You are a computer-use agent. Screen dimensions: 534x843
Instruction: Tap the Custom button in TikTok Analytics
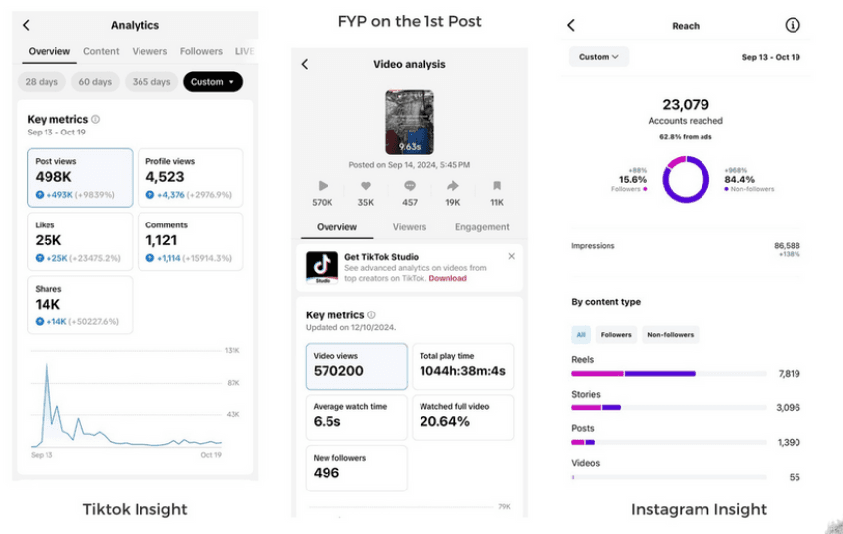[x=213, y=82]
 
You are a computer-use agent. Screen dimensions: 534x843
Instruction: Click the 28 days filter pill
[x=42, y=82]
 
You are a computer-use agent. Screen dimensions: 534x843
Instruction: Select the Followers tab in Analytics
[x=201, y=51]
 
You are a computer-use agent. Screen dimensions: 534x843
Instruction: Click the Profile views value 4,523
[x=165, y=177]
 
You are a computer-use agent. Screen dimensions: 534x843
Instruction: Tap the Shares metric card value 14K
[x=47, y=304]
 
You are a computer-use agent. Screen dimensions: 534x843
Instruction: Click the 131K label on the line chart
[x=234, y=351]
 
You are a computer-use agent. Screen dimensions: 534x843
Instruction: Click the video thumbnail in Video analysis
[x=409, y=123]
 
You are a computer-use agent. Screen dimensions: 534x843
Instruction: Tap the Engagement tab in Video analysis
[x=482, y=227]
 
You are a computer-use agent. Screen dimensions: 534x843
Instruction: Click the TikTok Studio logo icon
[x=322, y=267]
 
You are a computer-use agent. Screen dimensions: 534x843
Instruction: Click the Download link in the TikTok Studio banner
[x=448, y=279]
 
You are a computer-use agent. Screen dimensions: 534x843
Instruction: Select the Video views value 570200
[x=338, y=371]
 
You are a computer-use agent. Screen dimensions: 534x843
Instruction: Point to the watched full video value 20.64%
[x=445, y=421]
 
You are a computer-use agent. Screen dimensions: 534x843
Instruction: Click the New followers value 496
[x=327, y=473]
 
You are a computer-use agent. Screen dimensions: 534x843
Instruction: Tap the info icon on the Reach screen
[x=792, y=26]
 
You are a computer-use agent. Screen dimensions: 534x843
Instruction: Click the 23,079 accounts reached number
[x=686, y=104]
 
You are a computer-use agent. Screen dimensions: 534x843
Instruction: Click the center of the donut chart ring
[x=686, y=180]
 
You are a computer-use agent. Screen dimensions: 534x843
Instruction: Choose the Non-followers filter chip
[x=670, y=335]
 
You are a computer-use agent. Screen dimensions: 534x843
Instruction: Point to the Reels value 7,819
[x=789, y=374]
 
